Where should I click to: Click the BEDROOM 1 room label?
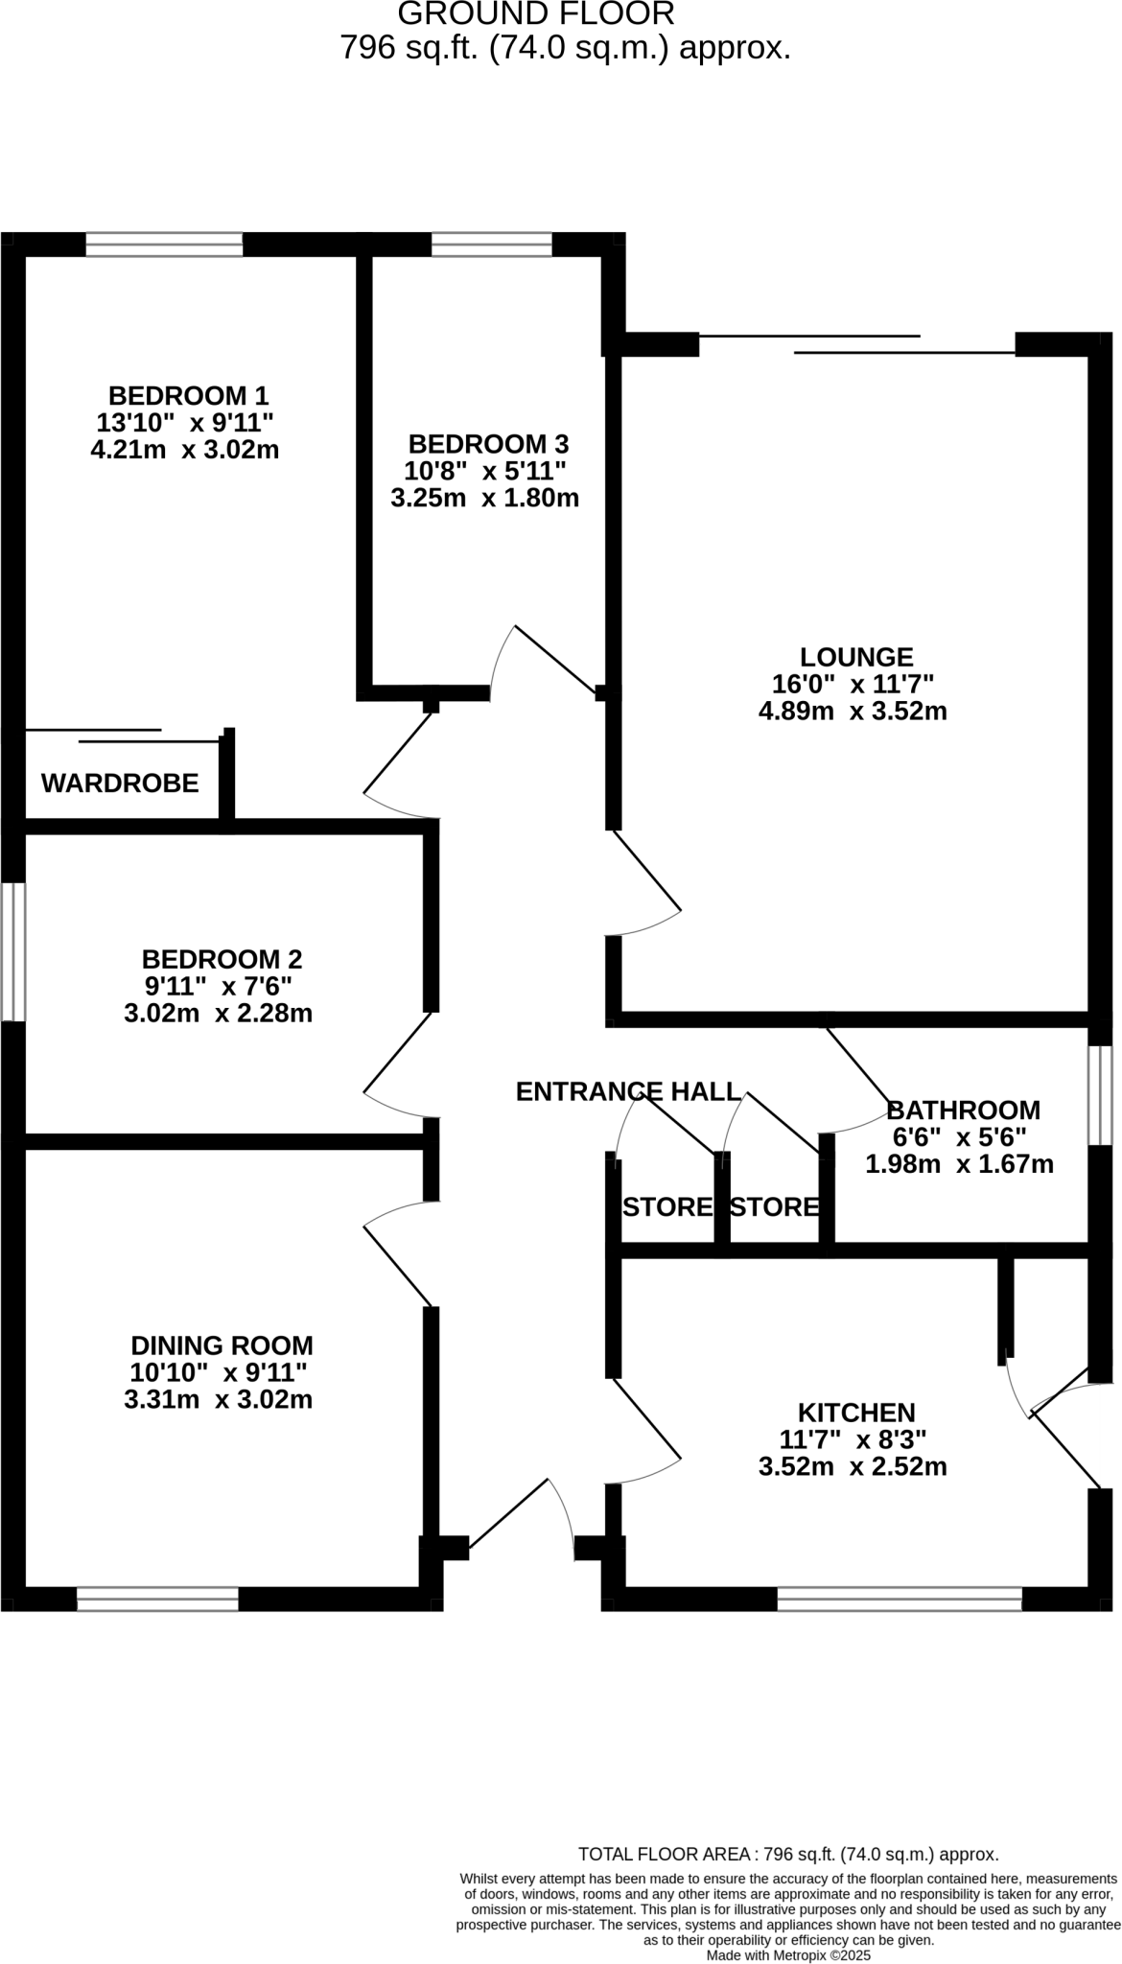[188, 395]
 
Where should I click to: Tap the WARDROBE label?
[120, 783]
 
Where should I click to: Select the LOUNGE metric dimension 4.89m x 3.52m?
[853, 711]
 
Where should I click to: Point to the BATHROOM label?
[963, 1110]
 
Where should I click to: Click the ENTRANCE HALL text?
[628, 1091]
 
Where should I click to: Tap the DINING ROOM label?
[222, 1345]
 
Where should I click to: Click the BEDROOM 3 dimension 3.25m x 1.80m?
[484, 498]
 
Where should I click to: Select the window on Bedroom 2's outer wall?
[13, 951]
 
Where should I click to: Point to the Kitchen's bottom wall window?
[899, 1599]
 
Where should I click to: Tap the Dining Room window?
[157, 1599]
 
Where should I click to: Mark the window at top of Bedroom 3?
[491, 245]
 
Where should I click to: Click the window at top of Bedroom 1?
[164, 245]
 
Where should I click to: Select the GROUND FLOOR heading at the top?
[535, 14]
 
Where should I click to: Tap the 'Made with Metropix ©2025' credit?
[788, 1954]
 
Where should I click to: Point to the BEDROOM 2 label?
[222, 959]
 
